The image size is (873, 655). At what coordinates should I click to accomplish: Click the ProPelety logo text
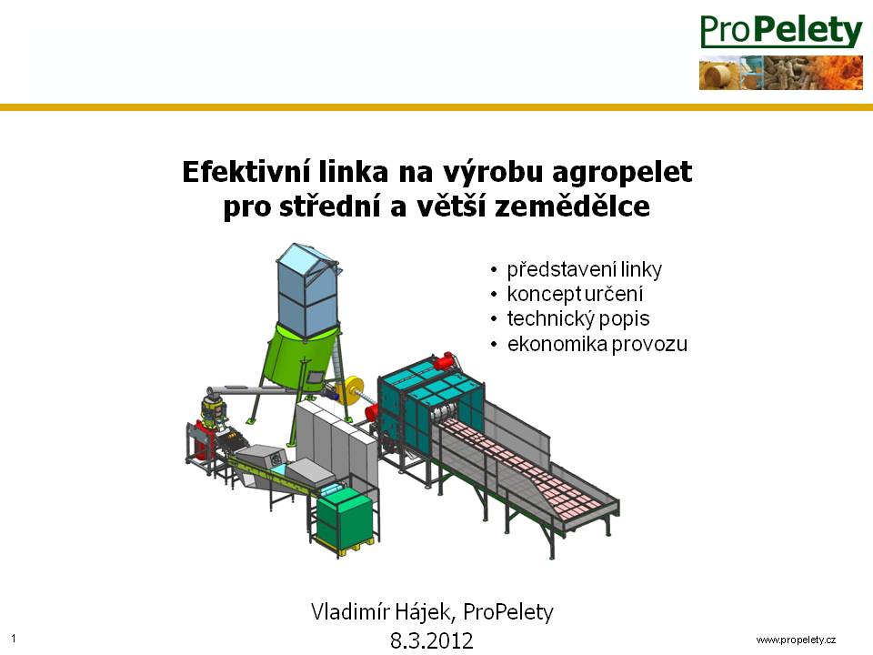(x=781, y=31)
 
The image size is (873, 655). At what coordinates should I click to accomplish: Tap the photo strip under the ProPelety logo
(x=781, y=73)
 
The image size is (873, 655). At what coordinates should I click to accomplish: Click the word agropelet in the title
(x=622, y=173)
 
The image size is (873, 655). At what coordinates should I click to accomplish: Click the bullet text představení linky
(x=585, y=269)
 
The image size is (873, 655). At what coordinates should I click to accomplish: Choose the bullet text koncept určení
(x=575, y=294)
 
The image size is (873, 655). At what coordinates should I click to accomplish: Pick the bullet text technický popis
(x=578, y=318)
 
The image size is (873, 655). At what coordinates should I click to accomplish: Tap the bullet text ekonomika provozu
(x=597, y=344)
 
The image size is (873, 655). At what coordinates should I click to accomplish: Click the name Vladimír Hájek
(x=380, y=612)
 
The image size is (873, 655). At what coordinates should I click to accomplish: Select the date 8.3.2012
(x=431, y=640)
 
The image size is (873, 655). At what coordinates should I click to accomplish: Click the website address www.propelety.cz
(x=796, y=640)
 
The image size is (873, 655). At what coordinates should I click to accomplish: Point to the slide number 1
(x=14, y=639)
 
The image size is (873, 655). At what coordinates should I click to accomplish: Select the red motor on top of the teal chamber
(x=445, y=361)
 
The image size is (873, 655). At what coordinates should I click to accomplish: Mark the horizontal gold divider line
(x=436, y=107)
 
